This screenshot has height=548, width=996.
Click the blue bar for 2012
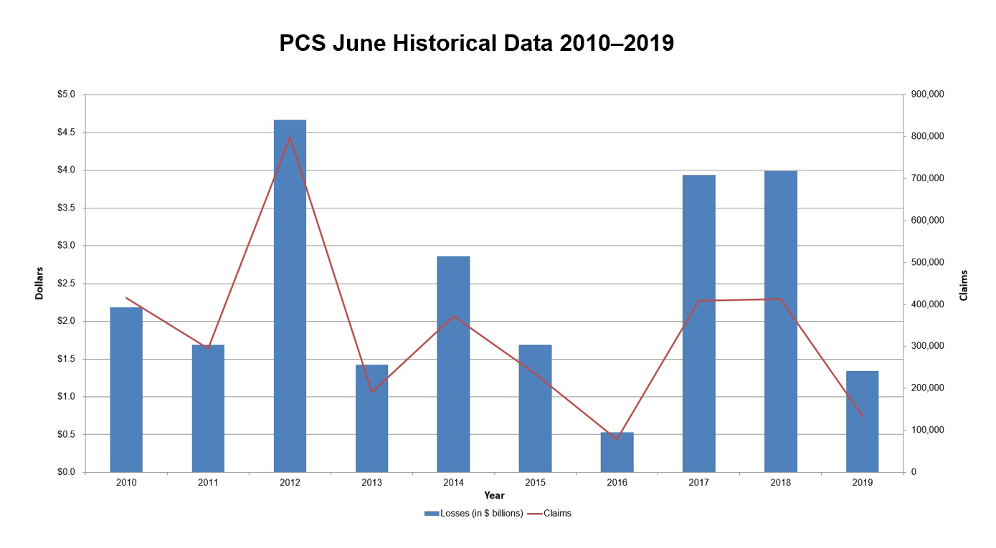click(290, 296)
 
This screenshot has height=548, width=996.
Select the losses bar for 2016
click(617, 452)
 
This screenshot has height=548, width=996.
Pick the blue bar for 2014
click(453, 364)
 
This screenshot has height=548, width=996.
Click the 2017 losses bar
click(698, 323)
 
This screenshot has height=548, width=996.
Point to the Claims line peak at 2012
click(290, 137)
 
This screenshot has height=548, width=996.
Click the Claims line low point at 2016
click(617, 439)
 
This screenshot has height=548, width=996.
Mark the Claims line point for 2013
click(371, 392)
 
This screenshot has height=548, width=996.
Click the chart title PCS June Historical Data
click(476, 44)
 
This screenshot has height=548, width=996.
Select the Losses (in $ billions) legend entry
click(473, 513)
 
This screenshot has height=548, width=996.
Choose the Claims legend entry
click(557, 513)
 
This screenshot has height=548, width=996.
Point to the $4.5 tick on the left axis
click(70, 133)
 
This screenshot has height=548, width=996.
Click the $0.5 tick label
click(70, 434)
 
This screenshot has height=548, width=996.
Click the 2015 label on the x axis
click(535, 483)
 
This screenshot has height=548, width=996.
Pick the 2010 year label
click(126, 483)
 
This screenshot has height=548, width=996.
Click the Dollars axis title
click(40, 283)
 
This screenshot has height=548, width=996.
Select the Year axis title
click(494, 495)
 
